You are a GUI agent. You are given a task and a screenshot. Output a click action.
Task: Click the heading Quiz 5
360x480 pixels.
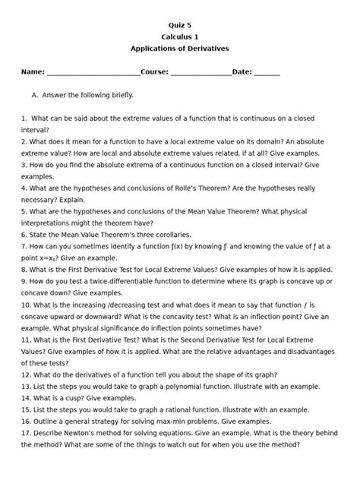click(179, 24)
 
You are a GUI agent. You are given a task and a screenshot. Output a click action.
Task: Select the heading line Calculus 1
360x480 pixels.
click(179, 36)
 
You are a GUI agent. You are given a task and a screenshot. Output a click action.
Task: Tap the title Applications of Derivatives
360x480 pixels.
click(179, 49)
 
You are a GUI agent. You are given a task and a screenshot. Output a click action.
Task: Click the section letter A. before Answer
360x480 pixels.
click(35, 96)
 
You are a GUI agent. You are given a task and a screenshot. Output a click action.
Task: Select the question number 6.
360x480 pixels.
click(24, 235)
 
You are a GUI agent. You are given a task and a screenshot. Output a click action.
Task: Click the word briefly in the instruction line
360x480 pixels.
click(120, 96)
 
